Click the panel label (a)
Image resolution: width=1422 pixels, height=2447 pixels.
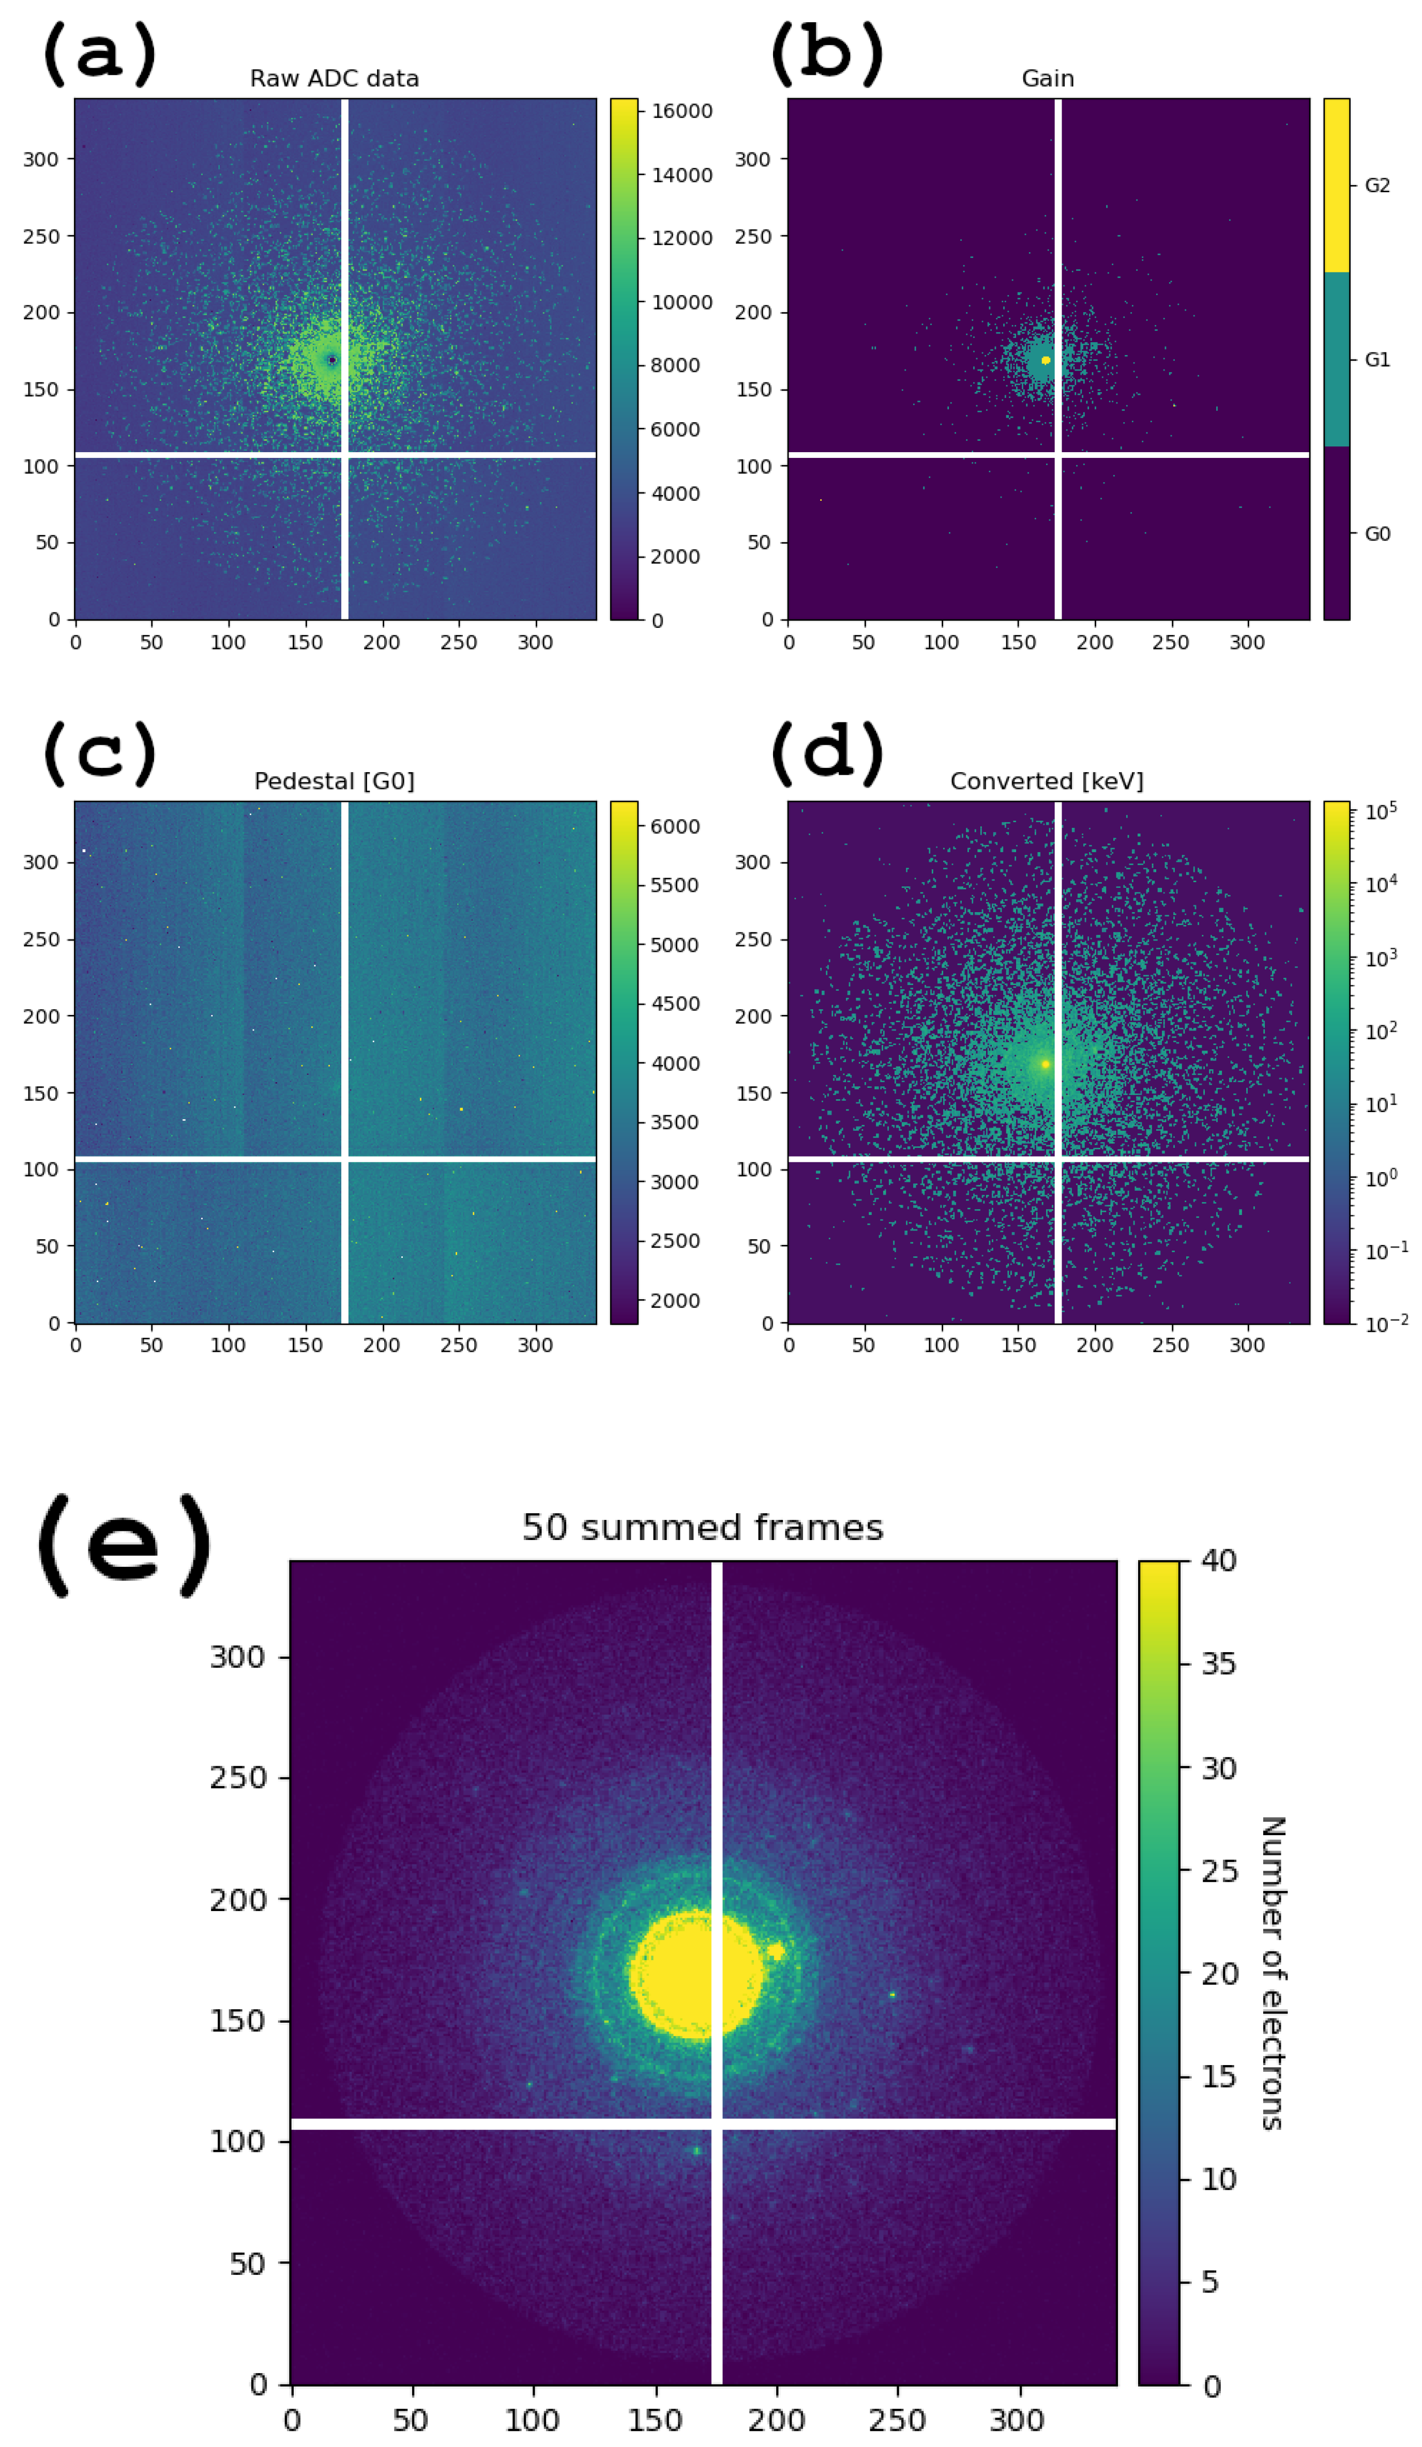[99, 53]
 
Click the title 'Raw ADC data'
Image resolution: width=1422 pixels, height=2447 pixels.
[334, 79]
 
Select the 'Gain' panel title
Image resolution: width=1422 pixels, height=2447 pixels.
[1047, 79]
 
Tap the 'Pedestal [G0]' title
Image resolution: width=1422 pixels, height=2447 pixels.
[334, 782]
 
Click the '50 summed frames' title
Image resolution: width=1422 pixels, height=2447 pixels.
[702, 1528]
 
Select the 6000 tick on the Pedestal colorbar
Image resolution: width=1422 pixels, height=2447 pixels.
[674, 826]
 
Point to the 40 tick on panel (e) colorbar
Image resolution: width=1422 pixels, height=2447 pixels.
[1219, 1561]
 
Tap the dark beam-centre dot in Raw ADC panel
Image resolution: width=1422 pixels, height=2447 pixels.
[332, 360]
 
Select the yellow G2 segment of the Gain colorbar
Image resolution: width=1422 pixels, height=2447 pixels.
[1337, 186]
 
